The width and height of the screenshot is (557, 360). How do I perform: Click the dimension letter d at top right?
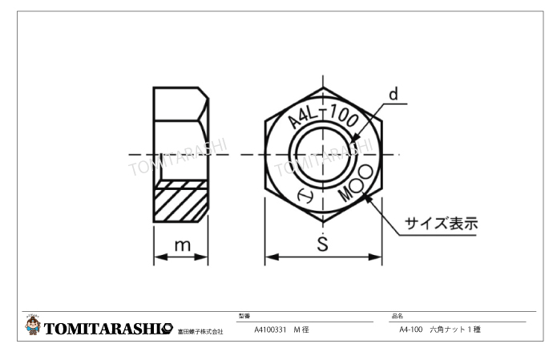394,93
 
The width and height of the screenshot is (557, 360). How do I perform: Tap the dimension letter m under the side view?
182,246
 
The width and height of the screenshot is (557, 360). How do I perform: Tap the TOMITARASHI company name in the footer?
108,329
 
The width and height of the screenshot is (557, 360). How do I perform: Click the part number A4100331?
270,330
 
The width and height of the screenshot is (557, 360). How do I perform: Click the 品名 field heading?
396,316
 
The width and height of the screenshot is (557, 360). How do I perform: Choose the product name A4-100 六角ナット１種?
439,330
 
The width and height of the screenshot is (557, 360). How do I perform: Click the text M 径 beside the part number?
302,330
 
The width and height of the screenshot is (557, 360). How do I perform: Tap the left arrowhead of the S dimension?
269,257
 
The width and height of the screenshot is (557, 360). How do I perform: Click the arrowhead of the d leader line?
351,145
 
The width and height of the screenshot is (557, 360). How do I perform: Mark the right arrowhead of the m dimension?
205,257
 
